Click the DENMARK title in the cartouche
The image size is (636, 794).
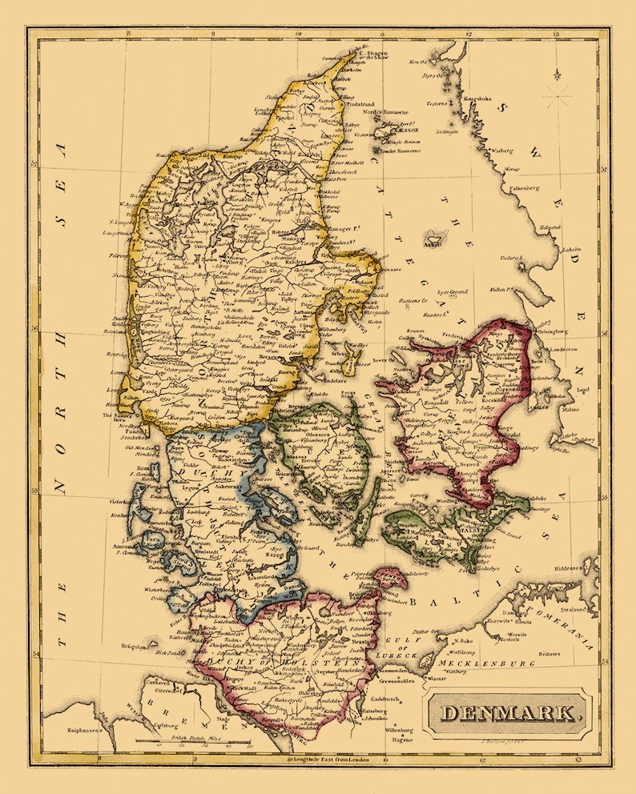[x=509, y=712]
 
